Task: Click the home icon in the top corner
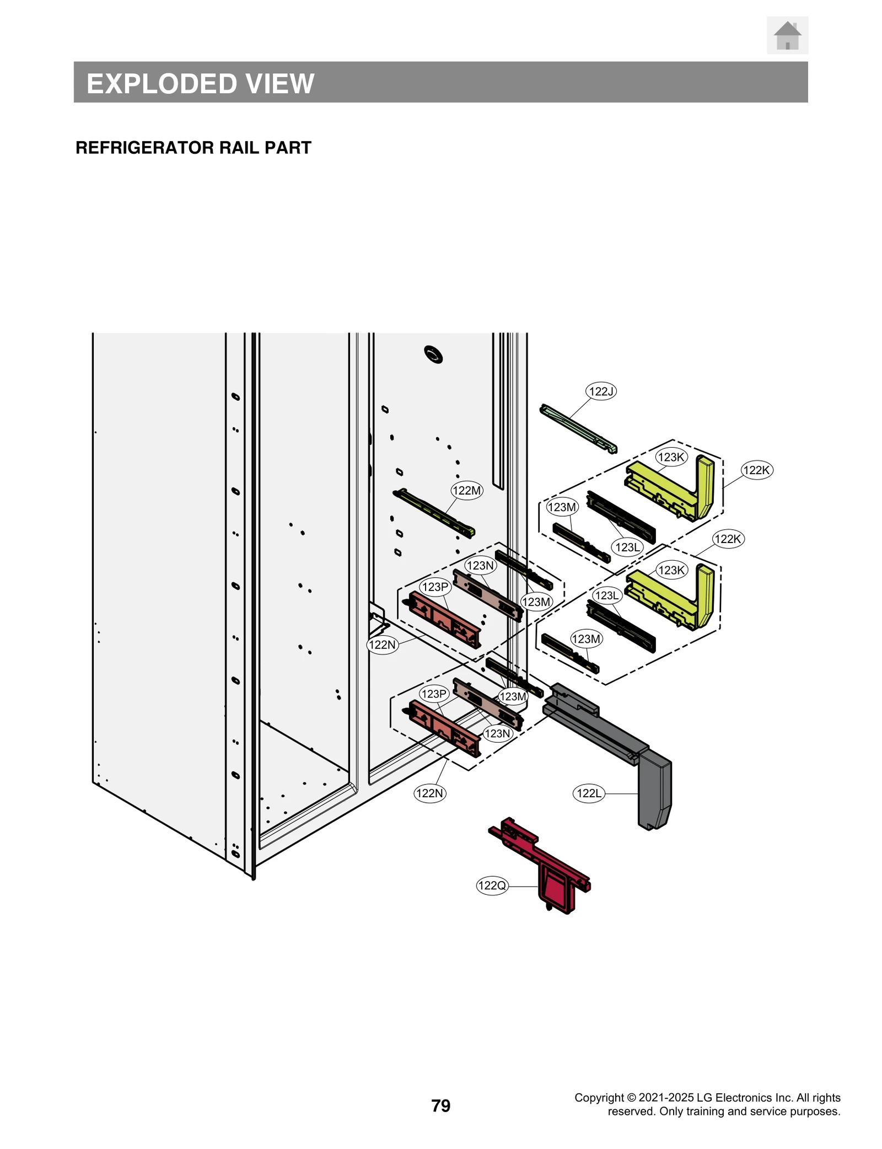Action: tap(787, 35)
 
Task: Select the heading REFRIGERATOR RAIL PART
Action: tap(193, 148)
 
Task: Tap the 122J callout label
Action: tap(600, 391)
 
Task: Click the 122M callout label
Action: tap(466, 490)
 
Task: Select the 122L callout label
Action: tap(588, 793)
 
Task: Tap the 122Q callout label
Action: tap(491, 885)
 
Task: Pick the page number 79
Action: tap(440, 1105)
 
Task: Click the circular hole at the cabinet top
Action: tap(433, 355)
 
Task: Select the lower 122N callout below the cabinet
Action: tap(429, 793)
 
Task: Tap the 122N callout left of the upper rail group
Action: tap(382, 645)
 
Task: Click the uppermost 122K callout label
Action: tap(756, 470)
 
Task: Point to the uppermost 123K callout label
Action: tap(671, 457)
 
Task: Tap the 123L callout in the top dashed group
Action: tap(627, 547)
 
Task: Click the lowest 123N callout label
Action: tap(497, 733)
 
